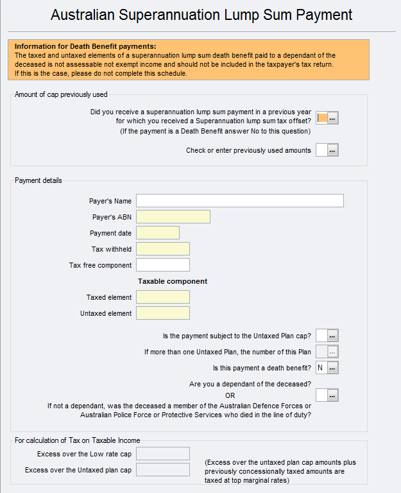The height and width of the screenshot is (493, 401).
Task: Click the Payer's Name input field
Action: point(239,201)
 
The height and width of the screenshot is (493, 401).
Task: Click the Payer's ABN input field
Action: point(173,217)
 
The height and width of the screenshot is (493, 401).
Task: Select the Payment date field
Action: point(158,233)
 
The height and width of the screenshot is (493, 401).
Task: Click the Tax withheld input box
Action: point(163,249)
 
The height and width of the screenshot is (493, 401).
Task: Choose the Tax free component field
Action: point(163,265)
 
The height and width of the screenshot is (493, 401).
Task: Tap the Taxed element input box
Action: point(163,297)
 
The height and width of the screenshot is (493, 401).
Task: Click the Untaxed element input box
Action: point(163,313)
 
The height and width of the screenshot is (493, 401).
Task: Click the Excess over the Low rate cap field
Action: point(163,454)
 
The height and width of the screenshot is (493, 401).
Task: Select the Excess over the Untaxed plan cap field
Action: point(163,470)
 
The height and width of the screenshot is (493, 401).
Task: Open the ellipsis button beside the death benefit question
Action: point(333,368)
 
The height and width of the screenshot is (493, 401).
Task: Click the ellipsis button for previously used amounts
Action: point(333,150)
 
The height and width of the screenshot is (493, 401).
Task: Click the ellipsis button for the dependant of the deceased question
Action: point(333,395)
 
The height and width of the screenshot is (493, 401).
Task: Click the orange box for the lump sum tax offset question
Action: point(322,117)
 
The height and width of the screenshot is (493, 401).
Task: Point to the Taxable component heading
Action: point(173,281)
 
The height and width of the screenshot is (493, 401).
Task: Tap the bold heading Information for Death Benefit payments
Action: point(85,46)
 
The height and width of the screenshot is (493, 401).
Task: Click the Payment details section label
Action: point(38,180)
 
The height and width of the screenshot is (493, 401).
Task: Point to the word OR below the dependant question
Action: point(230,395)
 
